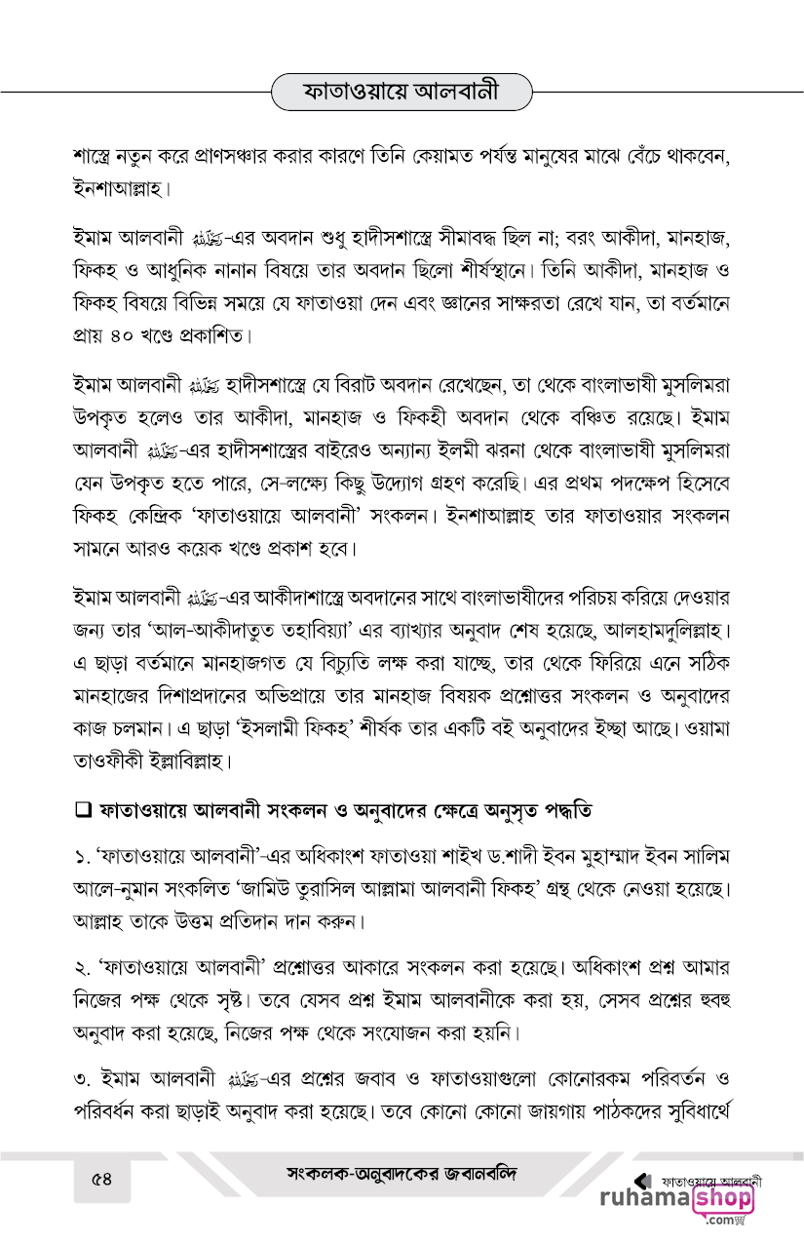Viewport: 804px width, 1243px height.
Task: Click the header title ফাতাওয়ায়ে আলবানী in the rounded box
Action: pyautogui.click(x=402, y=93)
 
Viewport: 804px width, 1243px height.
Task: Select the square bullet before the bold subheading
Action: pyautogui.click(x=82, y=809)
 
